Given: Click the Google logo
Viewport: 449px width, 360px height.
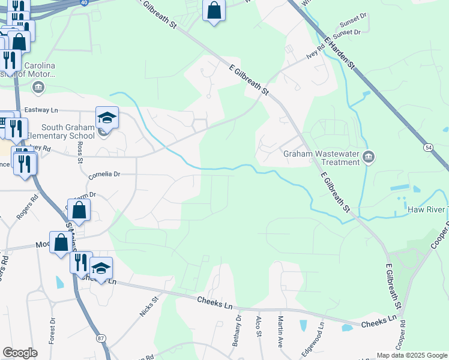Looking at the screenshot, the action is tap(20, 353).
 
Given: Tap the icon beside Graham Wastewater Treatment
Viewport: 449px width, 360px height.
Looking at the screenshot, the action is tap(369, 157).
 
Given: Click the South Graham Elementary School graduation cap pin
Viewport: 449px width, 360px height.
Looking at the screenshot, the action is tap(107, 118).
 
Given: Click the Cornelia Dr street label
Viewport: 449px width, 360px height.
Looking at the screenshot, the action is tap(104, 175).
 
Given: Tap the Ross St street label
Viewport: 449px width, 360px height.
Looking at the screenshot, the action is tap(80, 152).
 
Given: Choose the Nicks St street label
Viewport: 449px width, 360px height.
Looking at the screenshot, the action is tap(148, 306).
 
